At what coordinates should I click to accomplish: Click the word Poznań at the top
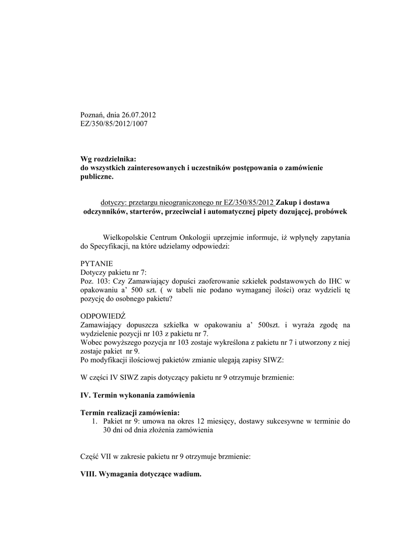92,115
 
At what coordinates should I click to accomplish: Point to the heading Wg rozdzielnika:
108,158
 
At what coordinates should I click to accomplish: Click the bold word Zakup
288,202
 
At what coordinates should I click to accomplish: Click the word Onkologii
200,237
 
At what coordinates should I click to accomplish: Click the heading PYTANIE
96,264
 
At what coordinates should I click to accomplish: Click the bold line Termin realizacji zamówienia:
129,413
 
